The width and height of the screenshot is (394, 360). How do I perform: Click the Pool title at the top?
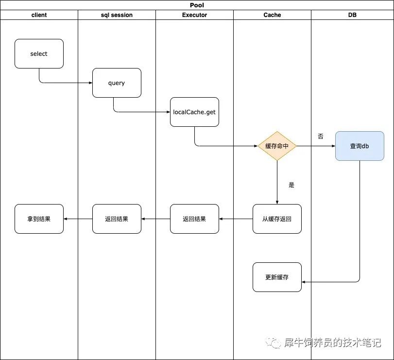pos(197,5)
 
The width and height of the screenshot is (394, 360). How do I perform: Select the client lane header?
pos(39,15)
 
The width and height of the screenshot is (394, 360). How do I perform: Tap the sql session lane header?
pos(117,15)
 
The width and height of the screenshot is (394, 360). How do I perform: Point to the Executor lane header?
pos(194,15)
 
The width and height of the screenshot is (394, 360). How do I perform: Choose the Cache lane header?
pos(272,15)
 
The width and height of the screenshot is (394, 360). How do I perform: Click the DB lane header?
pos(352,15)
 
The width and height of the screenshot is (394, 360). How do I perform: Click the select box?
pos(39,53)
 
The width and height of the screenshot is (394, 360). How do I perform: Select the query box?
pos(117,83)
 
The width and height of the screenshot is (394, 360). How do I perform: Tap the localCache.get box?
pos(194,112)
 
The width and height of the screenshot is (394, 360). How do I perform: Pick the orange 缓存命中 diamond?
pos(277,146)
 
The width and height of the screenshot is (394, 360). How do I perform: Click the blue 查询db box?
pos(360,146)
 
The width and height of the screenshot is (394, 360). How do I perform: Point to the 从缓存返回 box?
pos(277,219)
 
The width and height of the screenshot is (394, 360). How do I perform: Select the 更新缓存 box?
pos(277,277)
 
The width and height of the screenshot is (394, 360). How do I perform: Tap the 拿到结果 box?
pos(39,219)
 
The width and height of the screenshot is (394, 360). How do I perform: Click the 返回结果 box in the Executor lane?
pos(194,219)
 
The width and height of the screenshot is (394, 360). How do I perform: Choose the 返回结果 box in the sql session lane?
pos(117,219)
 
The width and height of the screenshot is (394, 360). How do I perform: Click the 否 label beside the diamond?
pos(321,137)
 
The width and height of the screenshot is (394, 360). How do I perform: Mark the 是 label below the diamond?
pos(291,185)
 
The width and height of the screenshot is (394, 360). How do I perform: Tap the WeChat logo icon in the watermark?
pos(275,343)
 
